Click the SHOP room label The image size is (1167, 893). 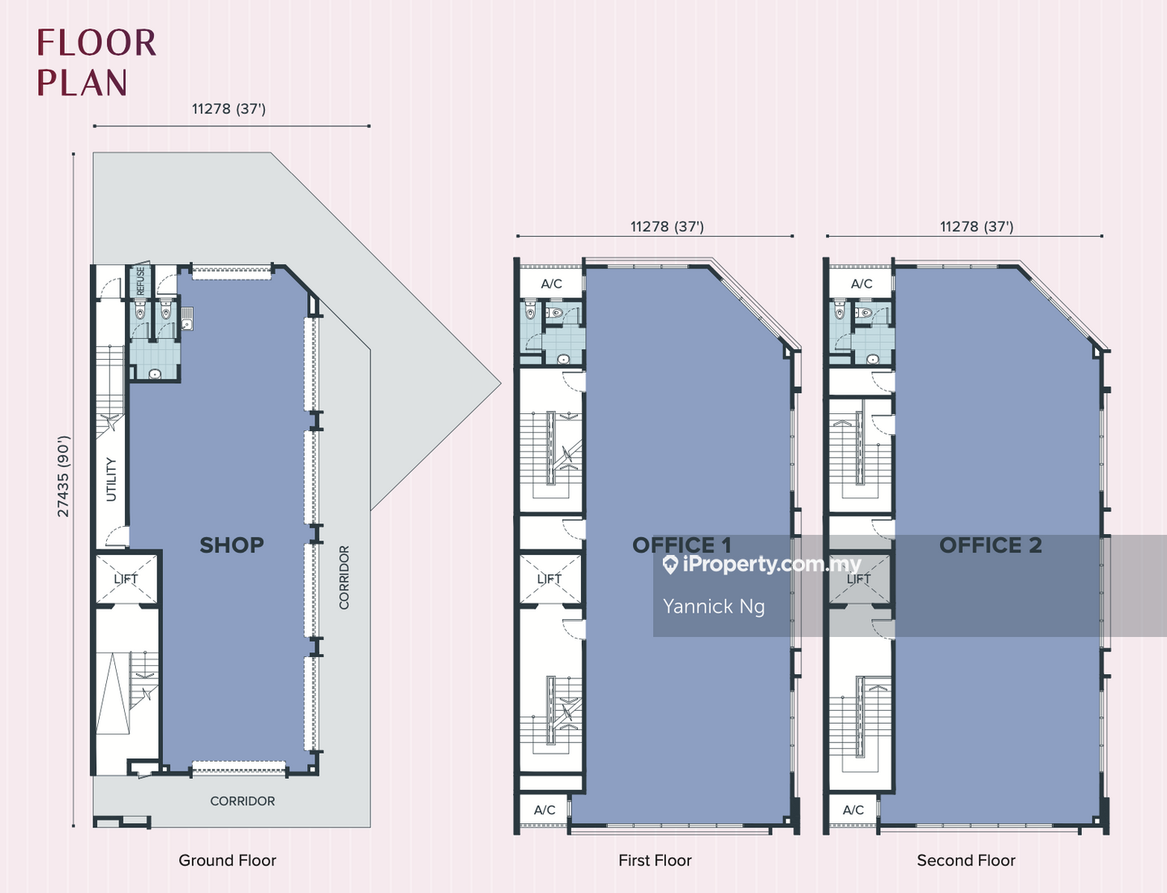click(x=232, y=545)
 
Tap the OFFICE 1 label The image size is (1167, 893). click(x=682, y=545)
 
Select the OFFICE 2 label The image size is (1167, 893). click(x=990, y=545)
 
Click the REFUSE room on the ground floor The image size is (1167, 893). click(x=140, y=281)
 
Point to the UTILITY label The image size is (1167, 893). click(x=111, y=479)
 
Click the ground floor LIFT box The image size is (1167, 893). click(x=126, y=579)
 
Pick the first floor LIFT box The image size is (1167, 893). click(x=549, y=579)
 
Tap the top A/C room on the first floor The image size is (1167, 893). click(x=551, y=283)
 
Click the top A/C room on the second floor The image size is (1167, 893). click(x=861, y=283)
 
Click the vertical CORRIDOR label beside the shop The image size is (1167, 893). click(x=344, y=577)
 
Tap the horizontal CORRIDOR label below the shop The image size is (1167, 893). click(x=242, y=801)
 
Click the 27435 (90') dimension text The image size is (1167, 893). click(x=63, y=476)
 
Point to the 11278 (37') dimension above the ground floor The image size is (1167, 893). click(x=229, y=109)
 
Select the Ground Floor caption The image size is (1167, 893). click(x=228, y=860)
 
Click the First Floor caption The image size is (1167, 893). click(x=655, y=860)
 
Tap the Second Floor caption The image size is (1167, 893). click(x=966, y=860)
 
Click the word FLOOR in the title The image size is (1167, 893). click(x=96, y=43)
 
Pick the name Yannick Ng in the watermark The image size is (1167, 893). click(x=713, y=606)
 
